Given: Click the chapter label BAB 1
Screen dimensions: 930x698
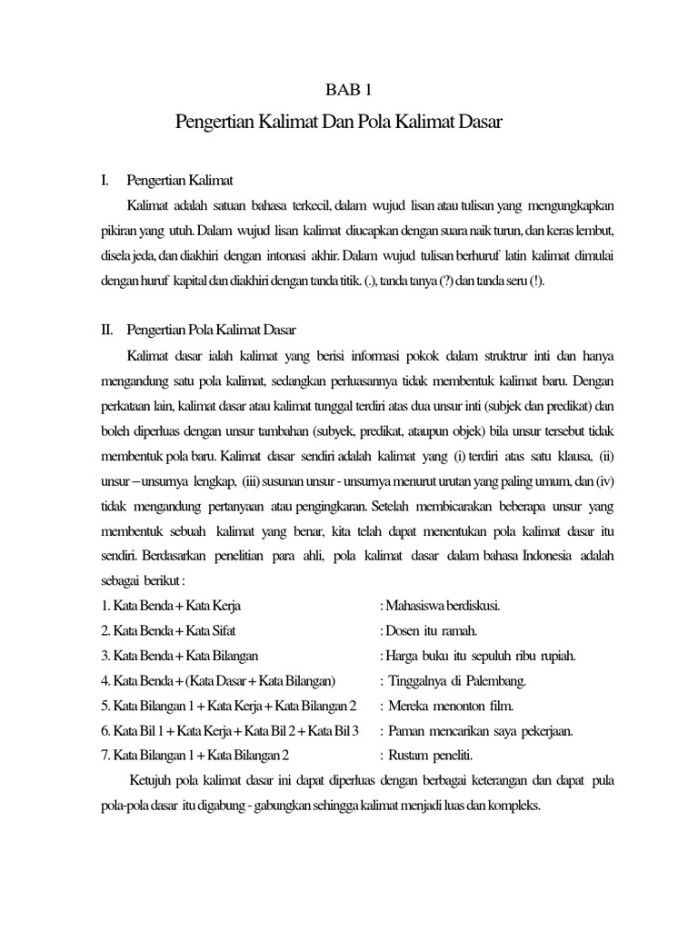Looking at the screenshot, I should tap(348, 89).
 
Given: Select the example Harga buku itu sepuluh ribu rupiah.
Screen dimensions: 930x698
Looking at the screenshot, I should tap(478, 655).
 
